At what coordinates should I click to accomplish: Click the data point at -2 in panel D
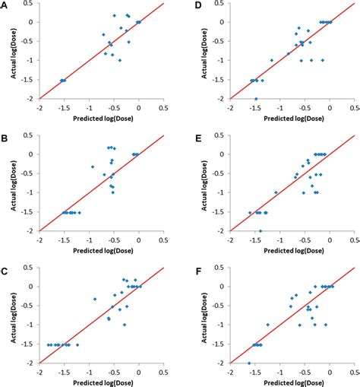pos(255,99)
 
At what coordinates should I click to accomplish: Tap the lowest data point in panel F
pos(248,363)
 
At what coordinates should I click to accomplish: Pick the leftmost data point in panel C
pos(49,344)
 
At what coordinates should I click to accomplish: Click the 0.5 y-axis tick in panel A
pos(30,3)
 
